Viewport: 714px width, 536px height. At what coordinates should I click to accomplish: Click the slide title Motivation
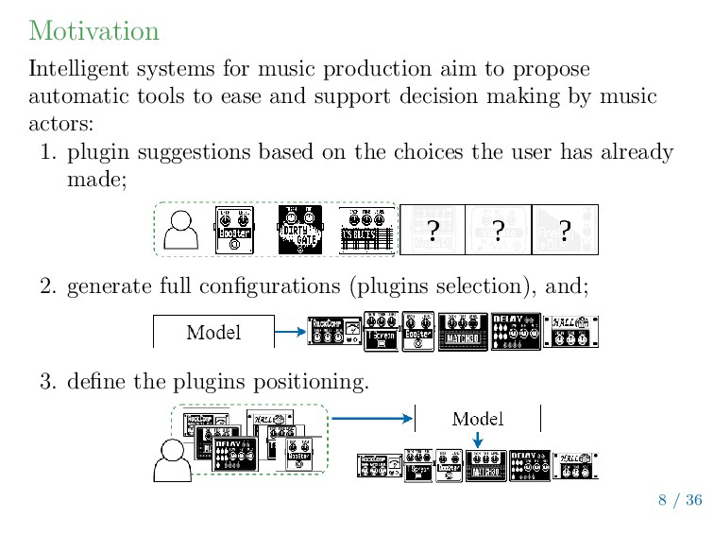click(93, 30)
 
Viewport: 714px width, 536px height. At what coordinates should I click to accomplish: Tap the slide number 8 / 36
click(680, 500)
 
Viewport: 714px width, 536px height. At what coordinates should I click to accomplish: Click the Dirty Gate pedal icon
click(300, 230)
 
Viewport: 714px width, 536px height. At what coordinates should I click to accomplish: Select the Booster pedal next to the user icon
click(235, 230)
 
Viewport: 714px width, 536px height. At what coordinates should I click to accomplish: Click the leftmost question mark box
click(432, 230)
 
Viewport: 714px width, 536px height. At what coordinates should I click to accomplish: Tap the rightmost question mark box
click(565, 230)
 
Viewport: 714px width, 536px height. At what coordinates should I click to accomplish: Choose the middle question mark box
click(498, 230)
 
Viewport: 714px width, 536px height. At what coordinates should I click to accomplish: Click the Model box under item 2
click(213, 332)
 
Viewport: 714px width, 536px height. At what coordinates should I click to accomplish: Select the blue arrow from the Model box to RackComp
click(291, 332)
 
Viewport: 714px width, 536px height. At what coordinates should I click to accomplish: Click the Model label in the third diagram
click(478, 418)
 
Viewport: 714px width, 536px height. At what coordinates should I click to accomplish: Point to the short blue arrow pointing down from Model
click(478, 440)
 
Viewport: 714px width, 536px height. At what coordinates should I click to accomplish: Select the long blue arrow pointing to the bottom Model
click(373, 418)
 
